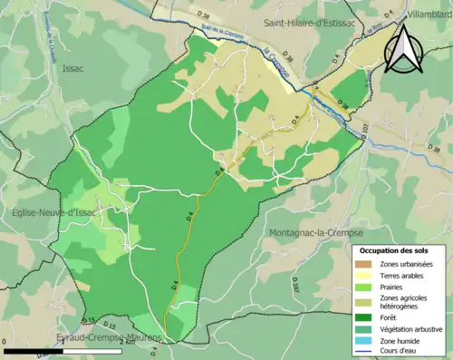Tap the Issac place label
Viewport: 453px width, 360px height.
point(72,67)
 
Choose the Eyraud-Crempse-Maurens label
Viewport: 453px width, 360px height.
point(109,336)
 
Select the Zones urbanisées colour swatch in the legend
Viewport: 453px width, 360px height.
point(364,264)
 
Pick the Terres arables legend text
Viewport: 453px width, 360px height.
point(400,275)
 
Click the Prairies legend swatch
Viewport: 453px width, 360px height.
point(364,287)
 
